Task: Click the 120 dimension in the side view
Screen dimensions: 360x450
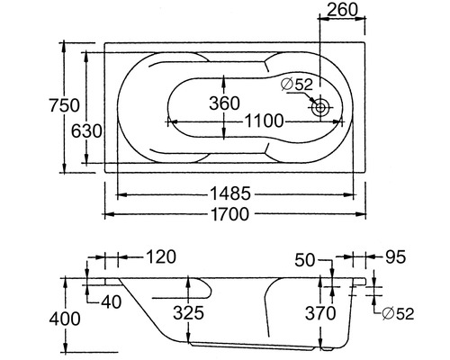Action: point(160,257)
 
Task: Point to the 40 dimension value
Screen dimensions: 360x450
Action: point(112,301)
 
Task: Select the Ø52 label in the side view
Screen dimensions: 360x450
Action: point(396,314)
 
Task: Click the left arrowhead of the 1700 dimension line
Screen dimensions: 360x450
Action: point(106,214)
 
